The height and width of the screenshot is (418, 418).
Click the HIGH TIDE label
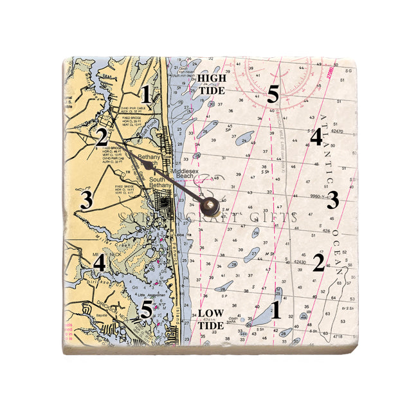point(212,84)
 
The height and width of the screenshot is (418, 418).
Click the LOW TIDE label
point(210,319)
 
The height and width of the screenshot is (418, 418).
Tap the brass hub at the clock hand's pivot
point(209,207)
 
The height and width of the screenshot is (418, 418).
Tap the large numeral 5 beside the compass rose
point(273,95)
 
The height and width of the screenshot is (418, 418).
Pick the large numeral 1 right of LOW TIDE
point(276,310)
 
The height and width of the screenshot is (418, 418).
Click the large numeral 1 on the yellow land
point(147,95)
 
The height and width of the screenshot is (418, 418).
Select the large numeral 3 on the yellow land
point(87,199)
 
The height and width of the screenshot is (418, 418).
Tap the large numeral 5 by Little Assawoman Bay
point(147,310)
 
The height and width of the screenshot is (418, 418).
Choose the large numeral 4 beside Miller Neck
point(98,262)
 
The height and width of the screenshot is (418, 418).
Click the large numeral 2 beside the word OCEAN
point(318,262)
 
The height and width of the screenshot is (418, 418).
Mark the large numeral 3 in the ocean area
point(332,201)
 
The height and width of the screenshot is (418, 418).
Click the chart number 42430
point(299,262)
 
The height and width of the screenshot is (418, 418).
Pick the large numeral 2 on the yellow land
point(101,136)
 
